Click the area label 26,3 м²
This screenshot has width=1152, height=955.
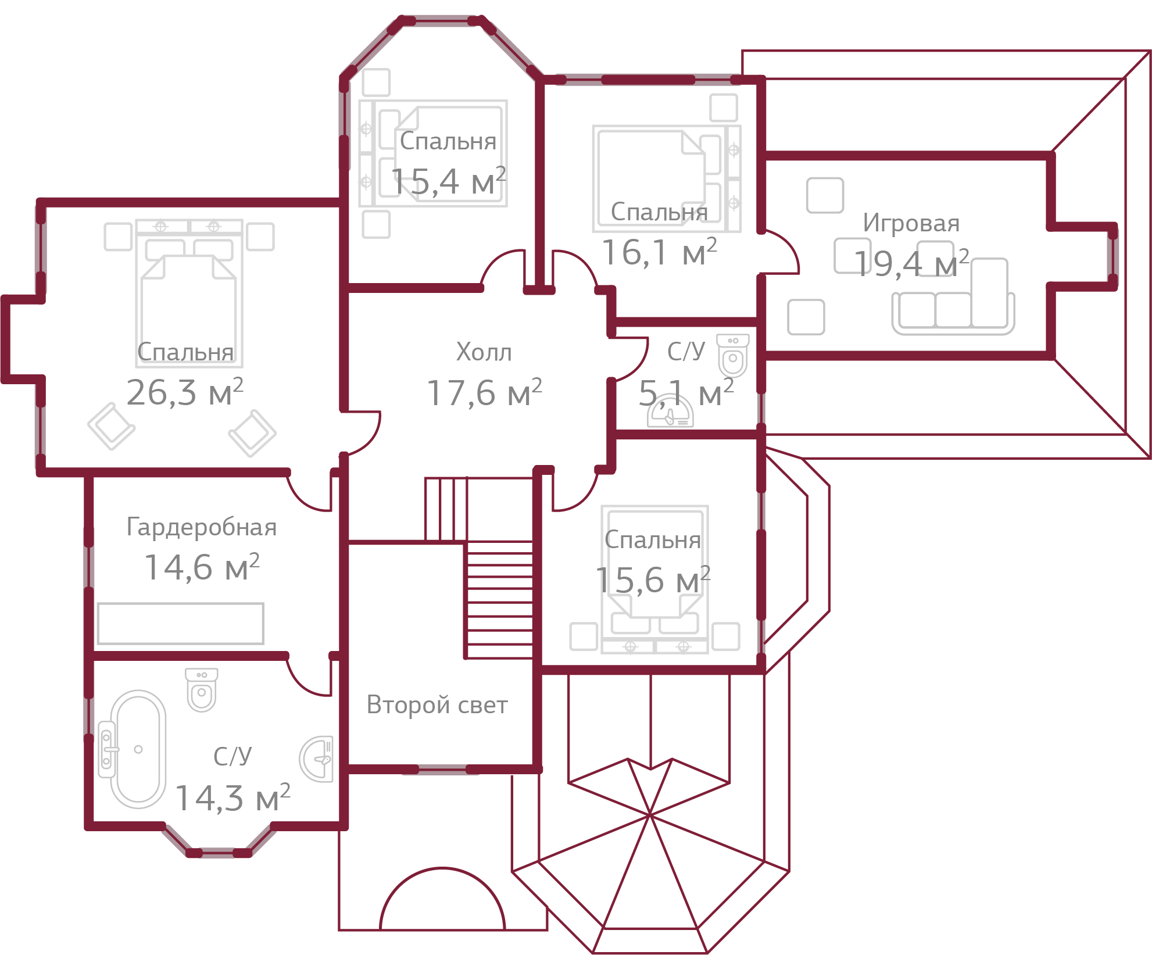point(184,393)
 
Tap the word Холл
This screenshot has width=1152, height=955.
point(484,352)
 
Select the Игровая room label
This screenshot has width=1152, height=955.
point(911,223)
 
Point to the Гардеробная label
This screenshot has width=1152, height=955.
point(201,527)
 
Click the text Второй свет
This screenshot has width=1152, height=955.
point(437,705)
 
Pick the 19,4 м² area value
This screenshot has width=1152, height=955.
point(911,263)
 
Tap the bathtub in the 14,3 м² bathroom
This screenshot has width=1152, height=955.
point(138,749)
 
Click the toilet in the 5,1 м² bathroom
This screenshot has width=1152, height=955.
point(732,356)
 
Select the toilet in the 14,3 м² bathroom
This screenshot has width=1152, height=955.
point(201,690)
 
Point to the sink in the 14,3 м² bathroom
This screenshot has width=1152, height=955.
point(317,759)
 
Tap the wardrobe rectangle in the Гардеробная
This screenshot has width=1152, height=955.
point(180,624)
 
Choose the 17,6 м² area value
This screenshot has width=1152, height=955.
point(484,393)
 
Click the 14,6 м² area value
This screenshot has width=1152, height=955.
point(201,567)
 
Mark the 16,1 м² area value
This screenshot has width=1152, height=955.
point(659,253)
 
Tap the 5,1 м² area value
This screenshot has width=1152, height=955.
point(686,394)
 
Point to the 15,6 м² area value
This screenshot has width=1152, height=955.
point(653,580)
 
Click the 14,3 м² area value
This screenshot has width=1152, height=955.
point(232,798)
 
